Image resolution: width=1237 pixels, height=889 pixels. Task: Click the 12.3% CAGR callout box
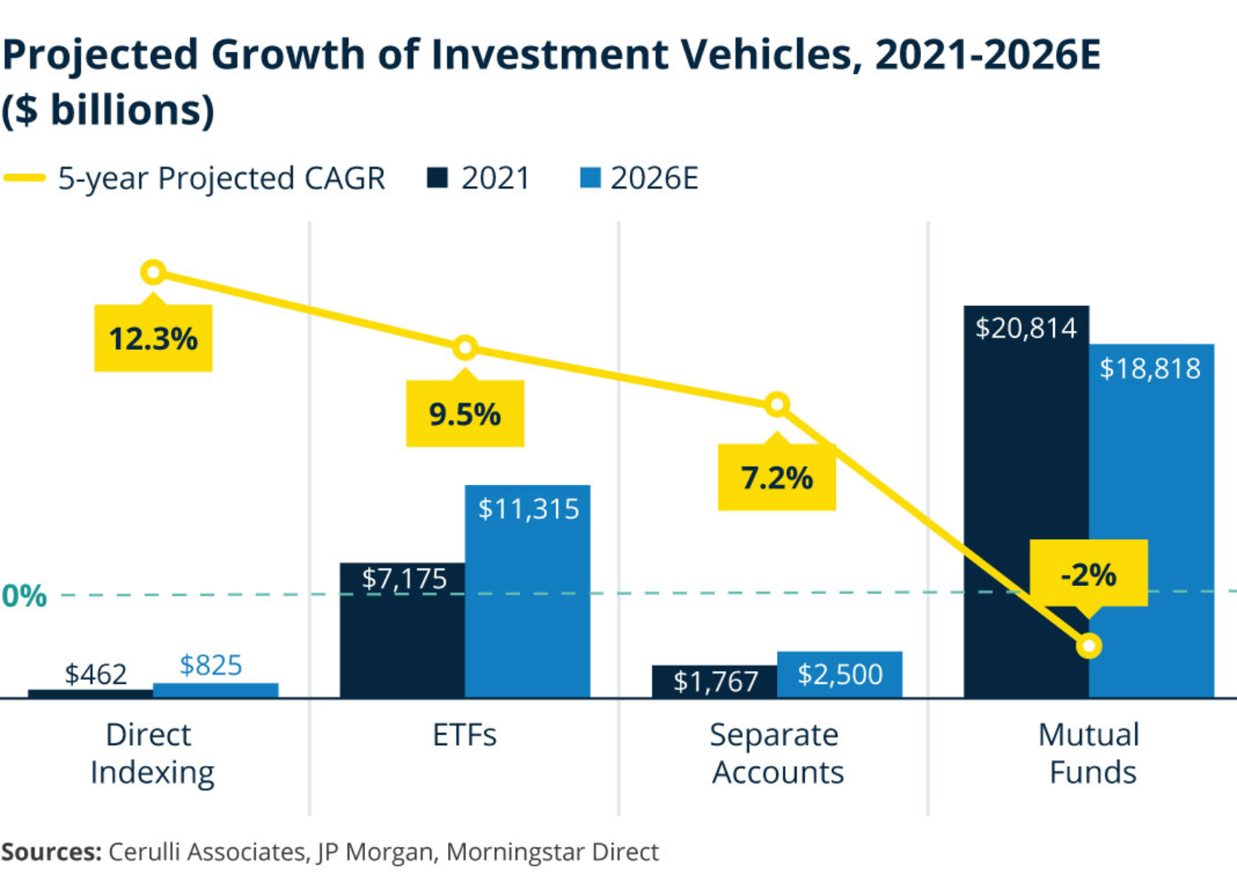click(x=153, y=339)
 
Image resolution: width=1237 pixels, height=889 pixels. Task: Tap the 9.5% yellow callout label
click(x=465, y=414)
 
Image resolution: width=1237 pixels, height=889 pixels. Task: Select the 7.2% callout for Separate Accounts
click(x=777, y=478)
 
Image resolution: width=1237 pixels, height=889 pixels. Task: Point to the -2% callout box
click(x=1088, y=575)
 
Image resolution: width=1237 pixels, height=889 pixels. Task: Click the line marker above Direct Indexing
click(x=153, y=272)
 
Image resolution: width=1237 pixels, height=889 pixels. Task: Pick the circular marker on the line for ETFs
click(x=465, y=348)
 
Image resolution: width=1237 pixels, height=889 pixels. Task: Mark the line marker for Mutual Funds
click(x=1089, y=646)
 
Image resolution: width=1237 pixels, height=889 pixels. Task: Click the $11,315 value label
click(x=528, y=509)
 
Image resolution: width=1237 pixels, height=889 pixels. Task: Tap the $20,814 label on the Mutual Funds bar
click(x=1026, y=329)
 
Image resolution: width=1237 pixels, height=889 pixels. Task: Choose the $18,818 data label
click(x=1150, y=369)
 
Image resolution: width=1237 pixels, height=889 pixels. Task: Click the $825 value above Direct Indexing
click(x=210, y=665)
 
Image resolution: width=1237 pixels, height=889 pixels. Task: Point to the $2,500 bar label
click(x=840, y=674)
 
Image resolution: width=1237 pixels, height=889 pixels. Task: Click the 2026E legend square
click(x=590, y=178)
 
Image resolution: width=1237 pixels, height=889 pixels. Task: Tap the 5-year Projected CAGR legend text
click(x=221, y=179)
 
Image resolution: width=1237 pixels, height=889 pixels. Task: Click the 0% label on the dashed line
click(x=24, y=596)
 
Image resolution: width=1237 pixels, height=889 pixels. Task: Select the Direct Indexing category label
click(x=151, y=753)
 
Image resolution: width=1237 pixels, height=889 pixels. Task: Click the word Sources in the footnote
click(x=51, y=852)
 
